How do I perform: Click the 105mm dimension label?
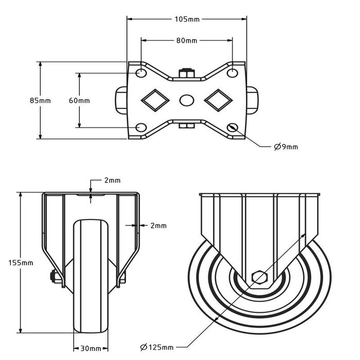(x=187, y=20)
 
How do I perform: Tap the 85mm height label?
(x=41, y=100)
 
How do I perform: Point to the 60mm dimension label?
(x=79, y=100)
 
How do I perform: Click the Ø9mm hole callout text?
(x=286, y=147)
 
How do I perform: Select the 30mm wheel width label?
(x=91, y=348)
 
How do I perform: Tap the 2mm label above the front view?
(x=112, y=180)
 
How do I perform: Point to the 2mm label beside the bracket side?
(x=158, y=225)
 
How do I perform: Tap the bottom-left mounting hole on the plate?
(x=140, y=127)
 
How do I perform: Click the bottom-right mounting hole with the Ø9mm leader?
(x=233, y=127)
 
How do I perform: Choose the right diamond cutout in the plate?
(x=218, y=99)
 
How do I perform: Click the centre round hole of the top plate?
(x=187, y=99)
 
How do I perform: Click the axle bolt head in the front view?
(x=53, y=277)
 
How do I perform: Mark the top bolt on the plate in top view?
(x=187, y=71)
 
